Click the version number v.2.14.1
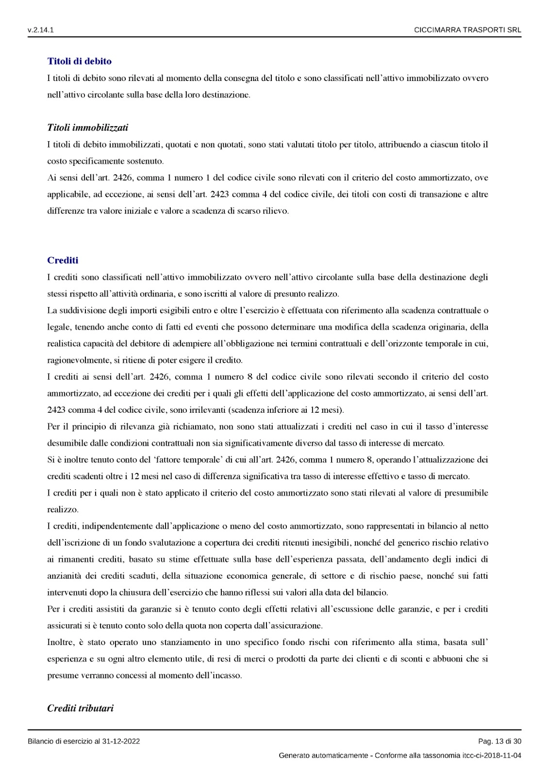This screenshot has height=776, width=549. click(x=40, y=30)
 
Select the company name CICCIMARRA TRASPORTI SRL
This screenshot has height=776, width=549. click(x=467, y=30)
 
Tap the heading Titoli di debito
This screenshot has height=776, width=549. click(x=79, y=61)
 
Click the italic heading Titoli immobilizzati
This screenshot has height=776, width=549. click(x=87, y=128)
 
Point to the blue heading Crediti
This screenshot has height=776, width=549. click(x=63, y=260)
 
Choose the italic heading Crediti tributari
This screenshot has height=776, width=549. click(x=80, y=708)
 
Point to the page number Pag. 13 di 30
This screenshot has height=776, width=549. click(x=499, y=741)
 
